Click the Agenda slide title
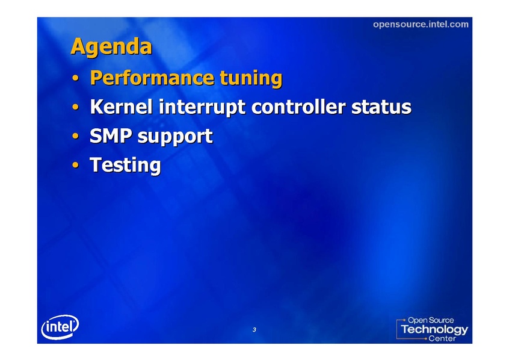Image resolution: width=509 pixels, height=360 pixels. [x=111, y=47]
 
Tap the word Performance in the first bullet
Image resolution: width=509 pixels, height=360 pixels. [x=152, y=78]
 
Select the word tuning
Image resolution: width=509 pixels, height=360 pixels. [x=251, y=79]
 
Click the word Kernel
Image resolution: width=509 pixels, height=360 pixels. [x=121, y=107]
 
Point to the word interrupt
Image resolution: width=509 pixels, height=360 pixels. [x=202, y=107]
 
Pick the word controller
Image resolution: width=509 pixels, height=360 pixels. [x=298, y=107]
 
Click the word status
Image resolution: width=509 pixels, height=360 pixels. [x=381, y=107]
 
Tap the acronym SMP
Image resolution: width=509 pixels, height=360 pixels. [x=111, y=135]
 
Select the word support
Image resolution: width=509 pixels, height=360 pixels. [x=175, y=137]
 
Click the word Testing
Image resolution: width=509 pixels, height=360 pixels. [x=125, y=165]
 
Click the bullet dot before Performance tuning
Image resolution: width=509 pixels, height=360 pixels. [x=75, y=78]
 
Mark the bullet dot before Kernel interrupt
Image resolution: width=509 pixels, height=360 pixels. [x=75, y=107]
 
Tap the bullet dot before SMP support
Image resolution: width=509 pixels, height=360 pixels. [x=75, y=136]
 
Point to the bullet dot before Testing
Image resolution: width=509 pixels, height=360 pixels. [x=75, y=165]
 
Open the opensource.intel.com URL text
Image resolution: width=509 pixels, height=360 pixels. [x=421, y=24]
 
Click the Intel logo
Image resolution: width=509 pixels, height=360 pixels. [x=60, y=327]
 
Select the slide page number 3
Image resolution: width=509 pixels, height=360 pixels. [x=254, y=330]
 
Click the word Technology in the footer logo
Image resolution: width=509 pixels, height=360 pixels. [x=434, y=329]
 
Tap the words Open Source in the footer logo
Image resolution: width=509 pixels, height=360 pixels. [x=431, y=320]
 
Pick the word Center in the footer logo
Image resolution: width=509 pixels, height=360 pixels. [x=442, y=338]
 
